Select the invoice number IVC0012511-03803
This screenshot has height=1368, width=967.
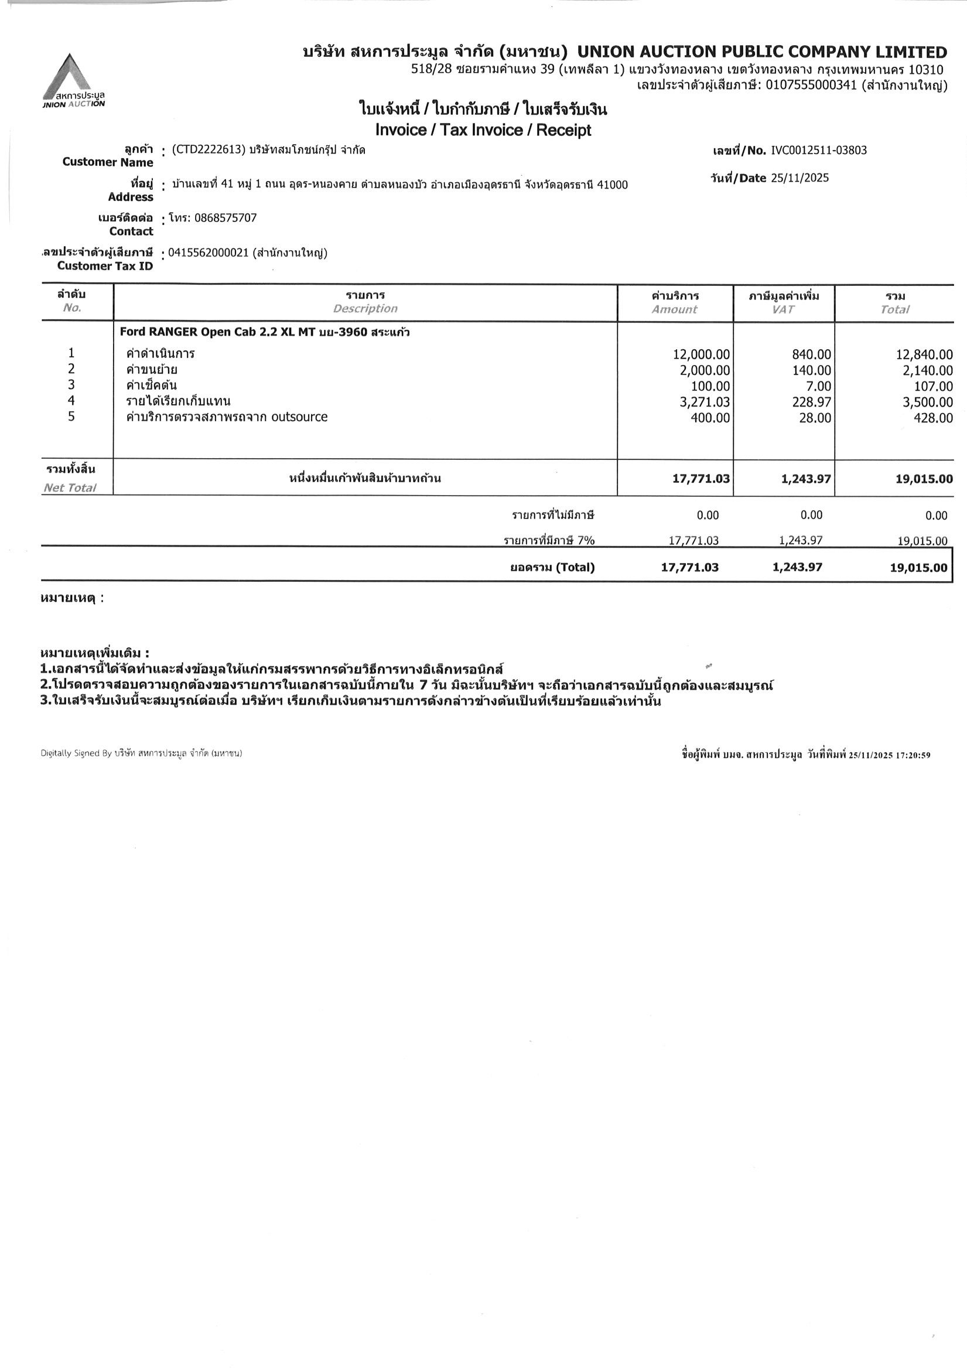[x=819, y=150]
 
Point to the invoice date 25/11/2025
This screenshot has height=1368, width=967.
[x=799, y=178]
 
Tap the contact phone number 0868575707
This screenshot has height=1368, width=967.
[x=226, y=218]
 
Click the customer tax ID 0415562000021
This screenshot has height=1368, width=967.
[x=208, y=253]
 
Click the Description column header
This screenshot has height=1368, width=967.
[x=365, y=309]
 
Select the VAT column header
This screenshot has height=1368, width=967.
[x=783, y=309]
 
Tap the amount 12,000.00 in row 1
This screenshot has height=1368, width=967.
[x=701, y=354]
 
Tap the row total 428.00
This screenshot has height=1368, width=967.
[x=933, y=418]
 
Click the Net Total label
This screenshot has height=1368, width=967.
[x=69, y=488]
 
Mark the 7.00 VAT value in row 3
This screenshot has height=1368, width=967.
[x=819, y=386]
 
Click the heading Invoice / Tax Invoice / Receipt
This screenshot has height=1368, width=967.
[x=483, y=130]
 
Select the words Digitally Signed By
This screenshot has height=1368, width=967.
[x=76, y=753]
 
